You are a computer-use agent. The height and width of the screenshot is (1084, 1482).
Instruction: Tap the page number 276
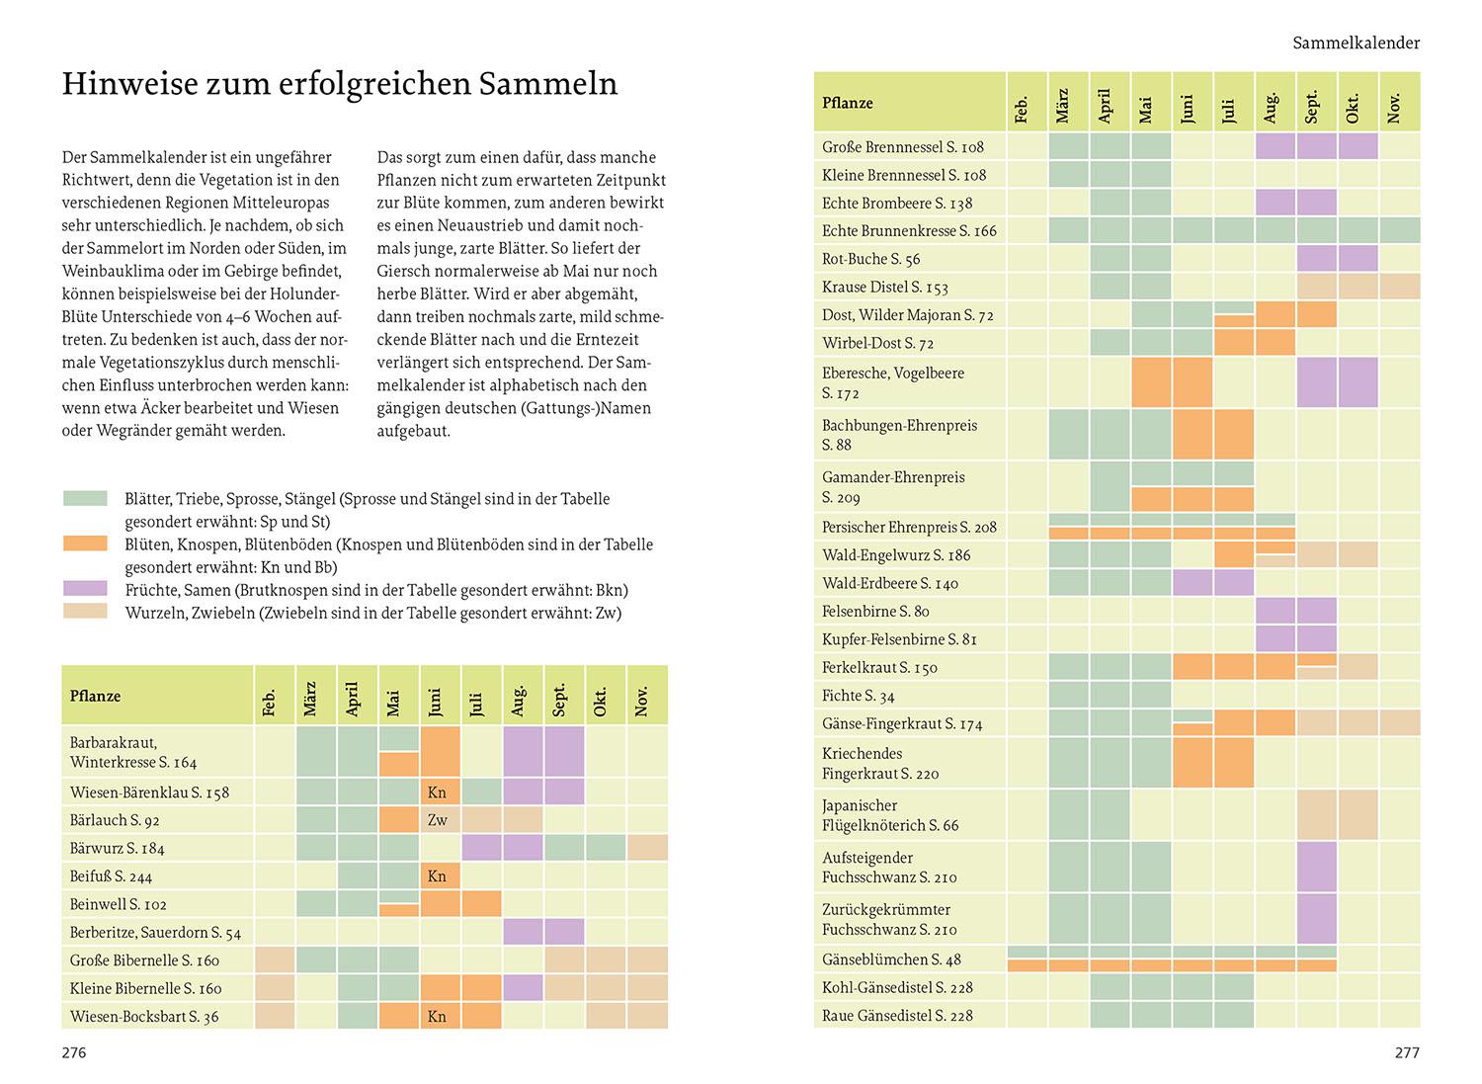click(x=74, y=1052)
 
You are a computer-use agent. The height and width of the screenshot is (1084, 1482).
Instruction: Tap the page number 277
click(x=1406, y=1052)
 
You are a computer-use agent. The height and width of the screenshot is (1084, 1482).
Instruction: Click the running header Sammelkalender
click(x=1356, y=42)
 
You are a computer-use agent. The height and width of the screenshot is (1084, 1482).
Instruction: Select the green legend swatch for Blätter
click(x=85, y=499)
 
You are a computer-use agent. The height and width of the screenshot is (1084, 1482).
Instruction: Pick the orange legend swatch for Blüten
click(x=85, y=544)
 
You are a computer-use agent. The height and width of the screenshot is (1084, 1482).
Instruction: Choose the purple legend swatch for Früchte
click(x=85, y=590)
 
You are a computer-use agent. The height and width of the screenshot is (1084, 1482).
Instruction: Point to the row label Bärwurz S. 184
click(x=118, y=848)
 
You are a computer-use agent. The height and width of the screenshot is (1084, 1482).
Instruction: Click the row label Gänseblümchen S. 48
click(x=891, y=959)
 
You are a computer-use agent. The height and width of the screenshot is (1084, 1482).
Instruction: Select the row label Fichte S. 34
click(x=858, y=696)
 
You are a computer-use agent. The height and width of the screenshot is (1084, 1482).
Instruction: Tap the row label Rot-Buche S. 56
click(x=870, y=259)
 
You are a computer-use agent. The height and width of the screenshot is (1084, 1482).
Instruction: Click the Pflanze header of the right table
click(x=848, y=103)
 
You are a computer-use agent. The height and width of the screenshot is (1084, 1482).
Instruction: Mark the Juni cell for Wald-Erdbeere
click(x=1193, y=583)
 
